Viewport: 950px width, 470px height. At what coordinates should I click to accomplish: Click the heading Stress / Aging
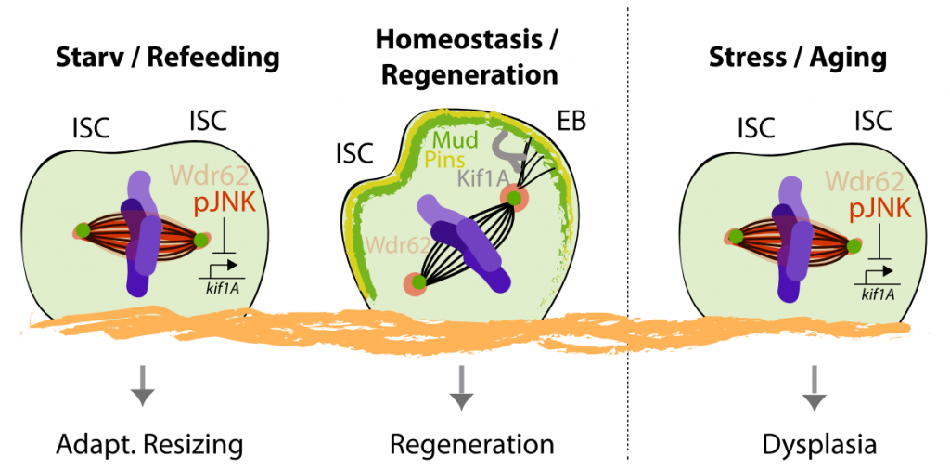point(797,58)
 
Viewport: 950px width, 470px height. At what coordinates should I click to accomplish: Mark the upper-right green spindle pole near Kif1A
point(511,196)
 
